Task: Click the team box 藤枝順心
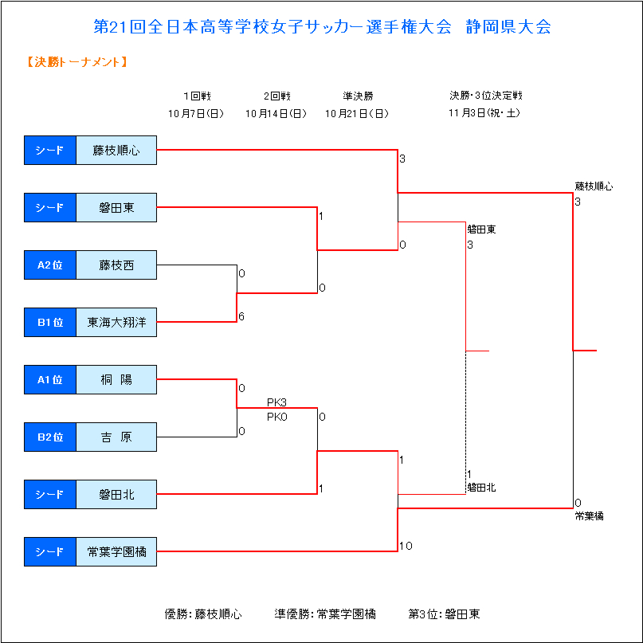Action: pos(116,150)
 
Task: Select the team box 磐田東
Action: pos(116,207)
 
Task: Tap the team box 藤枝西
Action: pos(116,265)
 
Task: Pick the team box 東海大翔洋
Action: pos(116,323)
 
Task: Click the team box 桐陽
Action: pos(116,380)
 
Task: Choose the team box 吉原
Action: pos(116,437)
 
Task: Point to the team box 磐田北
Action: pos(116,495)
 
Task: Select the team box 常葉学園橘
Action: pos(116,552)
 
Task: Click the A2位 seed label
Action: pos(50,265)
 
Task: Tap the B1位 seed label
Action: pos(50,323)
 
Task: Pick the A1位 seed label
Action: pos(50,380)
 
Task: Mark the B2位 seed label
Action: pos(50,437)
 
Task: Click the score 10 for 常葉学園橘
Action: pos(406,546)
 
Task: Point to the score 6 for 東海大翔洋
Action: pos(241,316)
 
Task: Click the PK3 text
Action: pos(276,402)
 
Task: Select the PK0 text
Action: pos(276,417)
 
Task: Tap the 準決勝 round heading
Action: pos(358,96)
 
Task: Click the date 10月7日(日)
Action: pos(196,114)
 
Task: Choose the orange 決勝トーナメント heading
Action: pos(76,62)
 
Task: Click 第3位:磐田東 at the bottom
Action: pos(444,614)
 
